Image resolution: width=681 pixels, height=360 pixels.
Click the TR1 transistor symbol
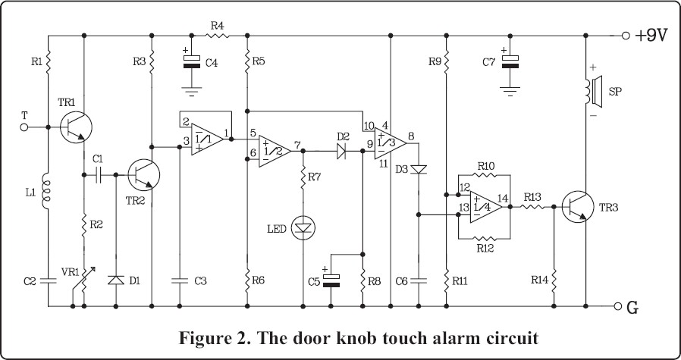point(76,127)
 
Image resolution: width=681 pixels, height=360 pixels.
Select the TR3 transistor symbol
point(578,207)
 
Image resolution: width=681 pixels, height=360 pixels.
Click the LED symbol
point(303,227)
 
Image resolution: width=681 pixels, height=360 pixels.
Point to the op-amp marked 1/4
point(485,207)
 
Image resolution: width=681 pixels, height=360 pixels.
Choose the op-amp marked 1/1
point(207,139)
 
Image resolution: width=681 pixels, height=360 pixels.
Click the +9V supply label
point(651,36)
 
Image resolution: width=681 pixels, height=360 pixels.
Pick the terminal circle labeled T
point(24,127)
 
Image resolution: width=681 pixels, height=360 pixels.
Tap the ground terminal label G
point(632,307)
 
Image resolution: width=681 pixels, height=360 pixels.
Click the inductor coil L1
point(46,191)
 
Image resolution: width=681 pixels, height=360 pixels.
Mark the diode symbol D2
point(341,151)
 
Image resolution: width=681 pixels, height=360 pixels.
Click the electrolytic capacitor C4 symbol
point(192,61)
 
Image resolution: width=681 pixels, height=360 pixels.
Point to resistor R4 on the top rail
point(217,36)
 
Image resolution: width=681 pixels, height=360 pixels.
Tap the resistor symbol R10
point(484,175)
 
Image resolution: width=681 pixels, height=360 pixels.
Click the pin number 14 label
point(503,198)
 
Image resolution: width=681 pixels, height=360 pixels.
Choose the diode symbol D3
point(419,170)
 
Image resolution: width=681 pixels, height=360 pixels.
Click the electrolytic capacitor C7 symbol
point(510,61)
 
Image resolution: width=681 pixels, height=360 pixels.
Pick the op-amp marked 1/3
point(390,144)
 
